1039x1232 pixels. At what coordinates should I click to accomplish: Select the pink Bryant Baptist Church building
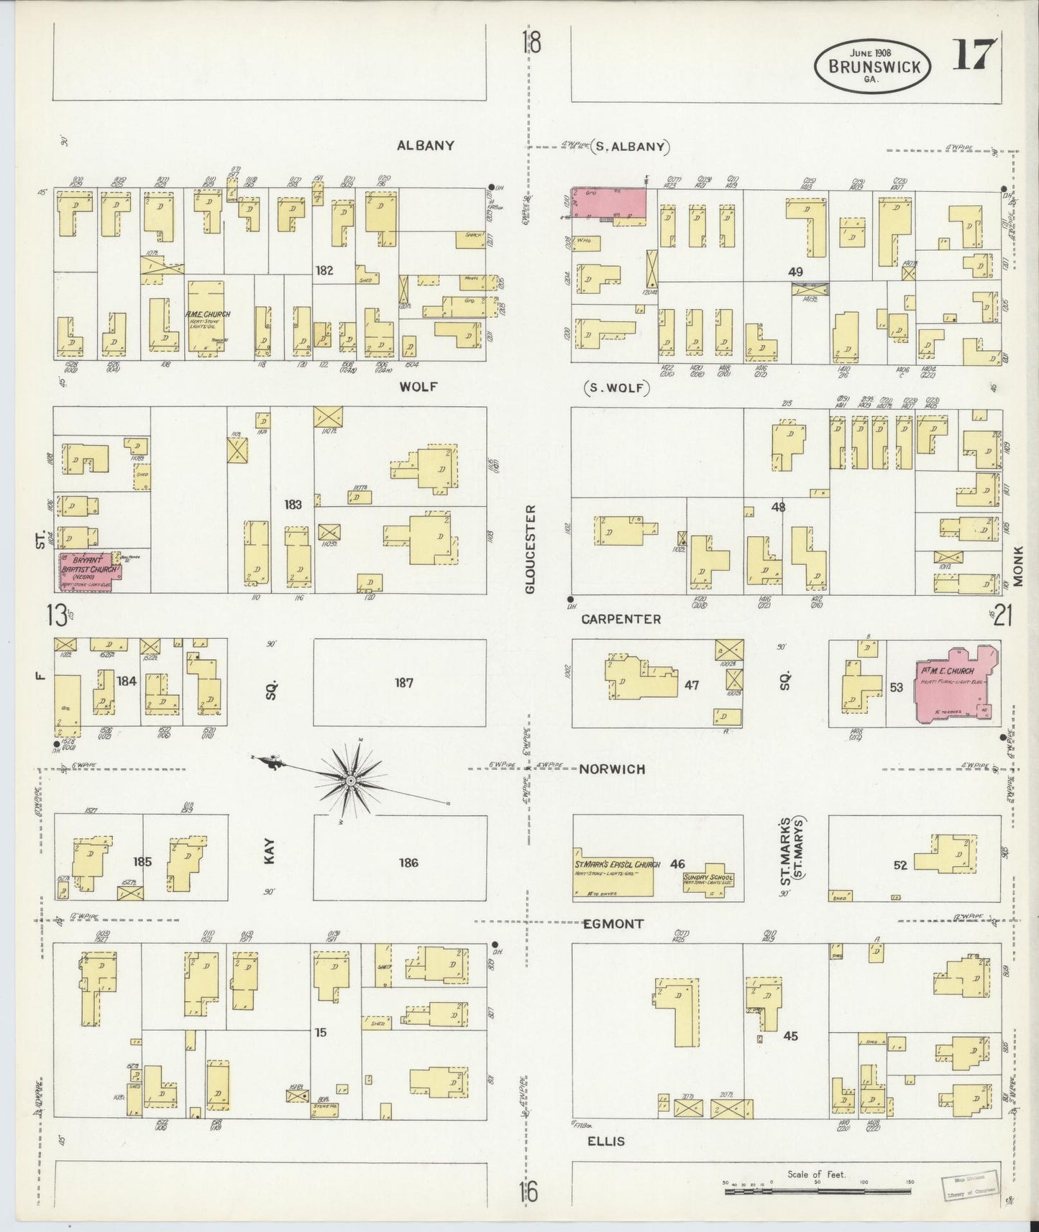[90, 573]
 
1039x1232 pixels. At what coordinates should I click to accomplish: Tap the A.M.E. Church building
[207, 317]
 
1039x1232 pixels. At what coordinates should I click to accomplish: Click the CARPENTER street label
[621, 619]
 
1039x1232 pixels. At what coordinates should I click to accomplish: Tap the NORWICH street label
[612, 769]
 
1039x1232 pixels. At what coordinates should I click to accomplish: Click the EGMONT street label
[613, 924]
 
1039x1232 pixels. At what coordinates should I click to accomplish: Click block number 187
[403, 682]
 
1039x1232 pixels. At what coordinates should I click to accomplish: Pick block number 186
[408, 863]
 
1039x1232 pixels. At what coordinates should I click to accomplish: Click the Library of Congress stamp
[969, 1185]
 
